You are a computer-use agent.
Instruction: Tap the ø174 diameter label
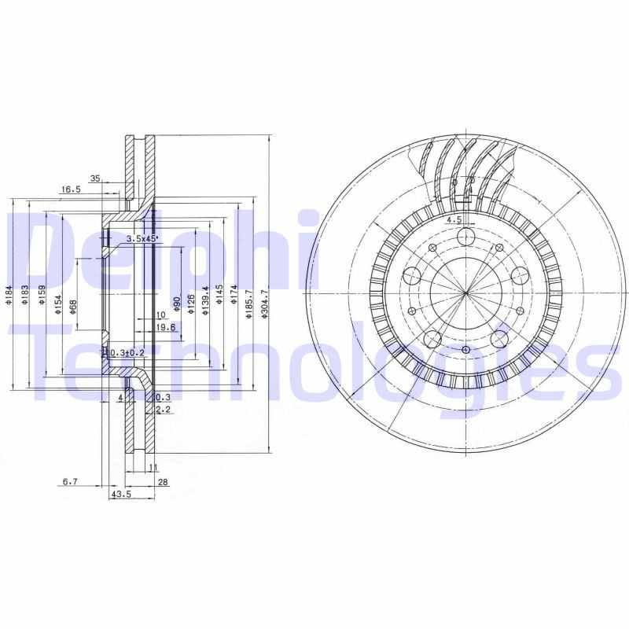[234, 300]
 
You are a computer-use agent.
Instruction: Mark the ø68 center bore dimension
[72, 307]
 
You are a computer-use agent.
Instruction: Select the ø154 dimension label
[58, 304]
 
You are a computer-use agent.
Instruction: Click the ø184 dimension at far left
[8, 293]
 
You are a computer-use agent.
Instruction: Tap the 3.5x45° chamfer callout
[142, 237]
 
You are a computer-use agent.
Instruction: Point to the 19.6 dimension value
[164, 327]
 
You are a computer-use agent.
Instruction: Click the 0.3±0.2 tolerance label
[127, 352]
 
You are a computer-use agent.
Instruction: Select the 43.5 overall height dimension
[121, 495]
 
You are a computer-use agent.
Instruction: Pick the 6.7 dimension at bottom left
[71, 480]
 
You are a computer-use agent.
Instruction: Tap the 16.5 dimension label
[72, 189]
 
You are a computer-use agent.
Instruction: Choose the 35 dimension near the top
[95, 178]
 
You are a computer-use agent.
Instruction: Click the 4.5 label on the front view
[454, 220]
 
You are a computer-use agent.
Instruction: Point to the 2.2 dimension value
[163, 410]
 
